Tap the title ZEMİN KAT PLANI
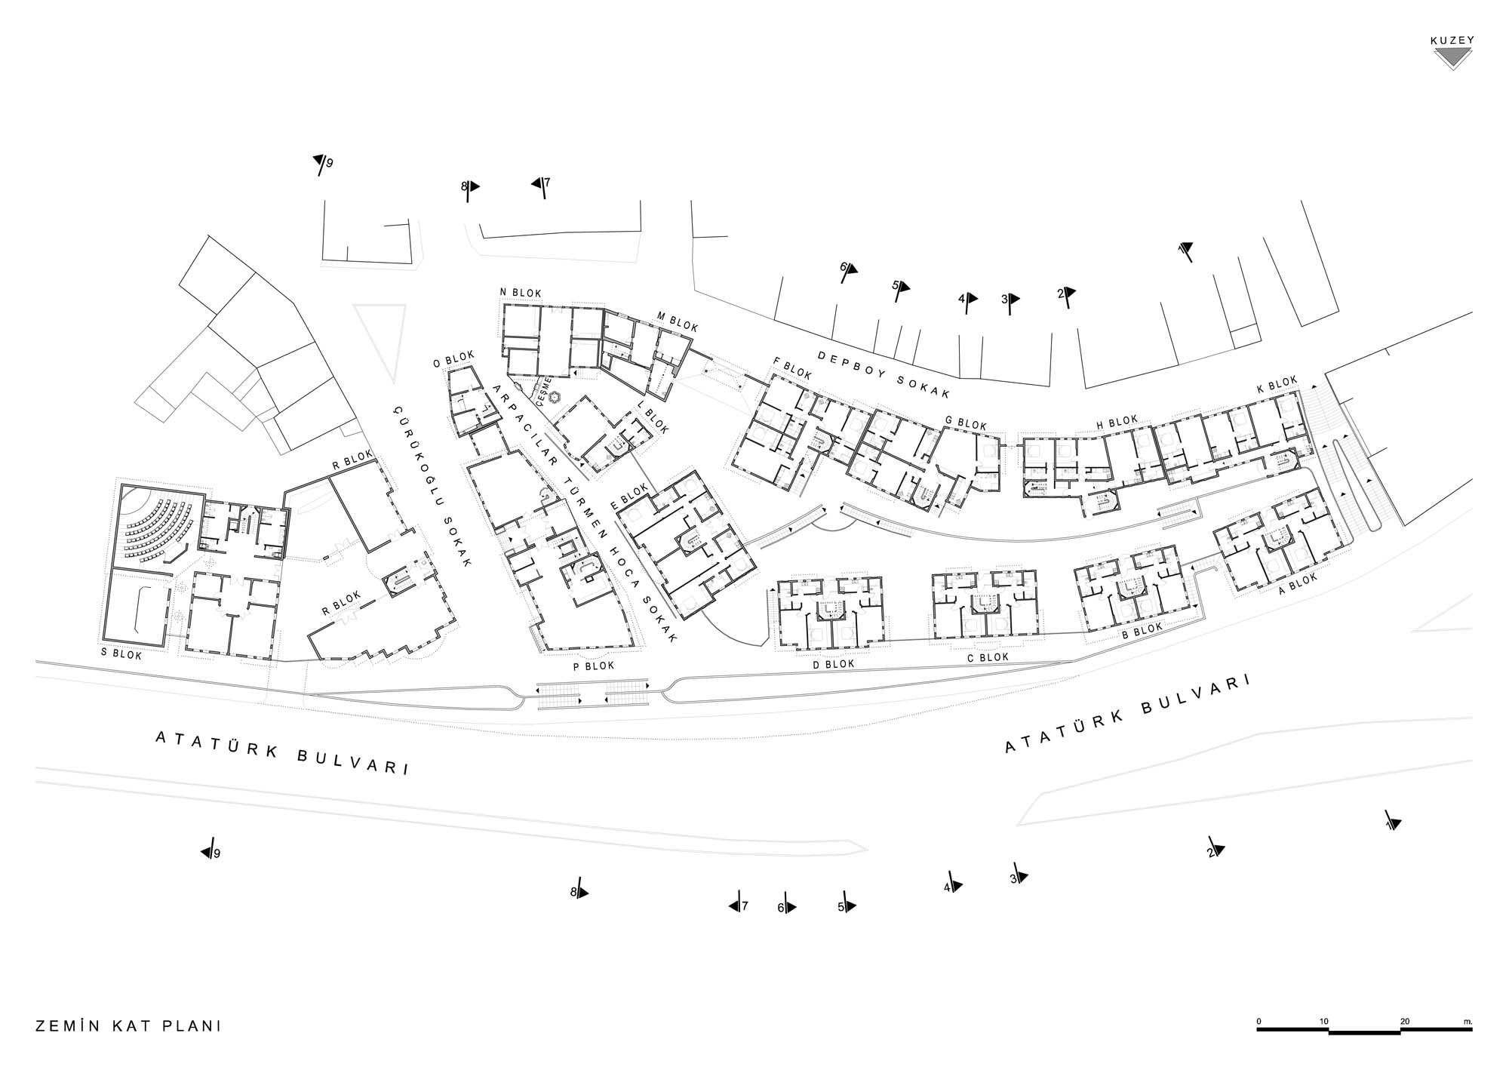(x=128, y=1026)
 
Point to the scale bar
(x=1365, y=1029)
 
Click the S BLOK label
(x=121, y=655)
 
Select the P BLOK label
(x=594, y=666)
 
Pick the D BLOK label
(x=834, y=664)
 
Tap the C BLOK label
(x=988, y=657)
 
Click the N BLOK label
(x=521, y=293)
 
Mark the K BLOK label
(x=1277, y=385)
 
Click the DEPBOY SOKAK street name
(x=884, y=374)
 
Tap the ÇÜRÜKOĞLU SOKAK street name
(x=432, y=487)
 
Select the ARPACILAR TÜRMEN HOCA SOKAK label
(x=584, y=513)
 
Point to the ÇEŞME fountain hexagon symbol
(x=556, y=397)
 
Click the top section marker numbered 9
(x=322, y=164)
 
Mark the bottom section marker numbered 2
(x=1215, y=849)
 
